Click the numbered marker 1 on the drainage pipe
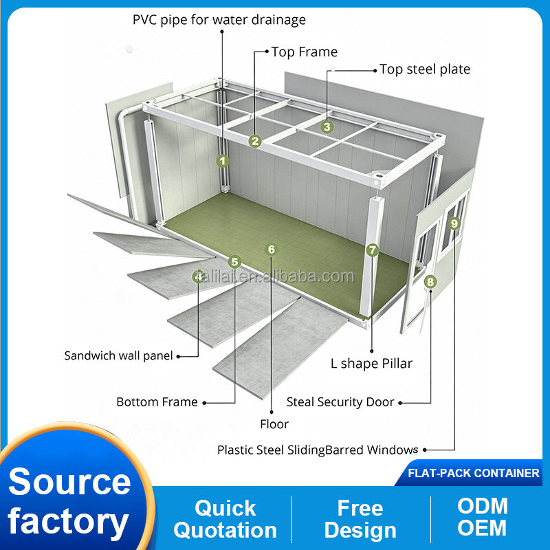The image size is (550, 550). pos(222,161)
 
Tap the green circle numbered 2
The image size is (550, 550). pos(255,141)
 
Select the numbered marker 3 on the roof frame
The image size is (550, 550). pos(327,126)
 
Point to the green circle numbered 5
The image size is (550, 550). pos(234,262)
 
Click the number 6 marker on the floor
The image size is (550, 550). pos(271,250)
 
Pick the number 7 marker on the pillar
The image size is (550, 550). pos(372,250)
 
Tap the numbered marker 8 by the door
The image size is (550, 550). pos(430,281)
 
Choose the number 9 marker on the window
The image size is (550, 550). pos(454,223)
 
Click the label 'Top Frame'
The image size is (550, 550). pos(304,52)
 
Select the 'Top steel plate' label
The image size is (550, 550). pos(425,69)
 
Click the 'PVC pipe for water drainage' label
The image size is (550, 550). pos(219,20)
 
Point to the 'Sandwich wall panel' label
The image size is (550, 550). pos(118,355)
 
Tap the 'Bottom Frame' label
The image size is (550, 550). pos(157,402)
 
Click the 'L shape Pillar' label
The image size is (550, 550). pos(371,364)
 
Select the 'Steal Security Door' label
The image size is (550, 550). pos(340,402)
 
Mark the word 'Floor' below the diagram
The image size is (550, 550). pos(274,424)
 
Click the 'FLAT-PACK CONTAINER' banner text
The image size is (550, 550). pos(474,473)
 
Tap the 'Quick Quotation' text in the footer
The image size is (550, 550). pos(225,519)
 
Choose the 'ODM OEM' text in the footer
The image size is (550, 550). pos(483,517)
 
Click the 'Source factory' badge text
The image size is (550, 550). pos(69,502)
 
